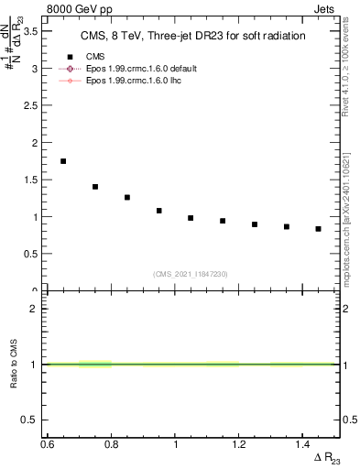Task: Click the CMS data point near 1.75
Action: [63, 161]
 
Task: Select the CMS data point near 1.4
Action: [95, 187]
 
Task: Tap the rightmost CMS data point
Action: [318, 229]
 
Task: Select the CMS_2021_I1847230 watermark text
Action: [191, 274]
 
